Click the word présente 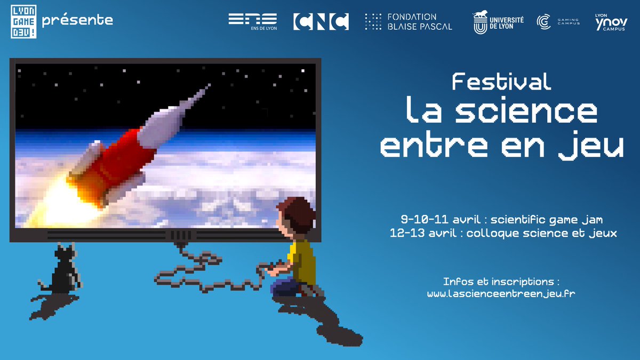pos(77,21)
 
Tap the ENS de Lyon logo pos(252,21)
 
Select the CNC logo pos(321,21)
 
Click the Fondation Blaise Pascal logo pos(409,21)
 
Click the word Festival pos(501,82)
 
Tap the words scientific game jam pos(547,219)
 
